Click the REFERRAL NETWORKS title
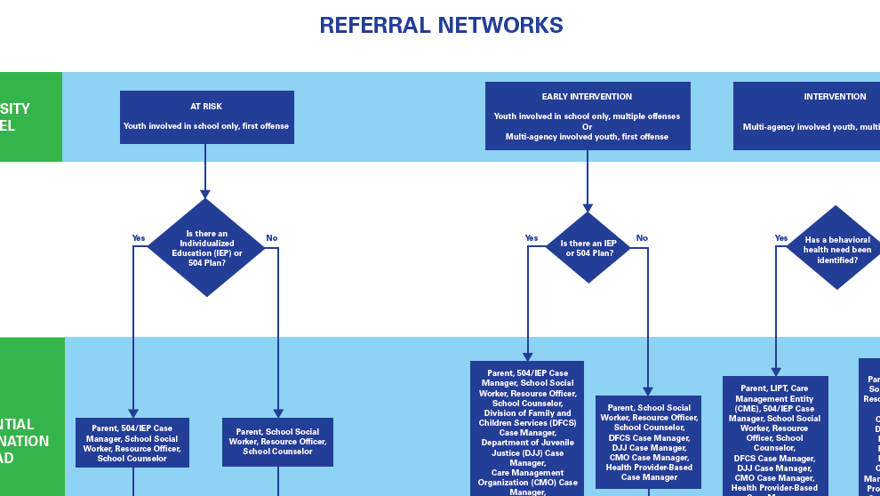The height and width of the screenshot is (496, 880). pyautogui.click(x=441, y=26)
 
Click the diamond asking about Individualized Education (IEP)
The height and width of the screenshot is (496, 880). pyautogui.click(x=206, y=248)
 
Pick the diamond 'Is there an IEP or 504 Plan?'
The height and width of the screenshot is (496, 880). pyautogui.click(x=588, y=248)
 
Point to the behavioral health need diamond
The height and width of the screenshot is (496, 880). pyautogui.click(x=836, y=248)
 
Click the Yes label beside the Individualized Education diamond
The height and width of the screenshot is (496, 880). pyautogui.click(x=139, y=238)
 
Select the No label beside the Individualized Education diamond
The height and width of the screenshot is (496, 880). pyautogui.click(x=272, y=238)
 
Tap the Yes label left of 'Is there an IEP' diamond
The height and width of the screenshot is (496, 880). pyautogui.click(x=532, y=238)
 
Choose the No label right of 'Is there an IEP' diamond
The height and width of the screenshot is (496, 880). pyautogui.click(x=642, y=238)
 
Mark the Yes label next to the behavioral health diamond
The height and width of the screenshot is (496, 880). pyautogui.click(x=781, y=238)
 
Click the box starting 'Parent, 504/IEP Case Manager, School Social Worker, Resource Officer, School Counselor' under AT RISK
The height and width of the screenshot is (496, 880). pyautogui.click(x=132, y=443)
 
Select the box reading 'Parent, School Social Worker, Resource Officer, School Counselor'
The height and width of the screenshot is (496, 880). pyautogui.click(x=277, y=442)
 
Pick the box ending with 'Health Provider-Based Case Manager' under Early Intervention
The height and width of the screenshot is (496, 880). pyautogui.click(x=648, y=442)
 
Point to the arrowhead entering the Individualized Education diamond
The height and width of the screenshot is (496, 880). pyautogui.click(x=205, y=194)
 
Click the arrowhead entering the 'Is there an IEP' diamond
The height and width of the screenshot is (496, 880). pyautogui.click(x=587, y=207)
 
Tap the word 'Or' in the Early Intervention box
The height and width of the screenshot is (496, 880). pyautogui.click(x=587, y=127)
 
